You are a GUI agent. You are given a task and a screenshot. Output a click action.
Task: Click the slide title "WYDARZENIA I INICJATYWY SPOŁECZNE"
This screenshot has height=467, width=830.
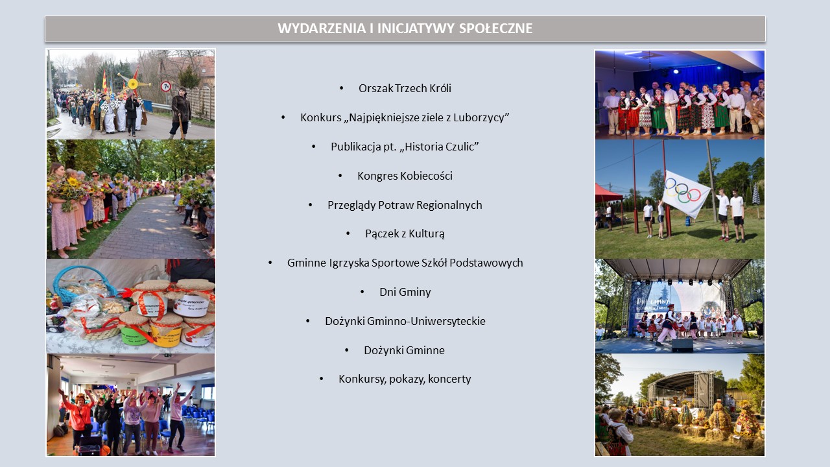405,28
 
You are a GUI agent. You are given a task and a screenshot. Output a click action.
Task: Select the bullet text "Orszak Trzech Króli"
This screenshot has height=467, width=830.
405,88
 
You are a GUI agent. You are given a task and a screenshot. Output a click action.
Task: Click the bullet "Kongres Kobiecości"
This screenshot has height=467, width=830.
405,176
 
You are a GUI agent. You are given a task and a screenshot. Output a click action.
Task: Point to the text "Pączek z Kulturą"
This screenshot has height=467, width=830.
405,233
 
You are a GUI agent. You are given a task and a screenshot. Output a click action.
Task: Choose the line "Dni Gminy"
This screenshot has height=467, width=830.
405,292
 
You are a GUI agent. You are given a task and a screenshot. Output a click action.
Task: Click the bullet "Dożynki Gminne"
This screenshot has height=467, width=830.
404,350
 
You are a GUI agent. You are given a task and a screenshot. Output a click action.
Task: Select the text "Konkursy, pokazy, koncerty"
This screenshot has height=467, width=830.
405,379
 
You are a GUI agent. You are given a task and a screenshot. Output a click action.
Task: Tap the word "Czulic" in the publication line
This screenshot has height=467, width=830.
460,147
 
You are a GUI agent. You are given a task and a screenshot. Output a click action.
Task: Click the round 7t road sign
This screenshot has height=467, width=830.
165,86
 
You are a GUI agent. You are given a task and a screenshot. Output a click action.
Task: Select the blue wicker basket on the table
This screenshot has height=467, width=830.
81,283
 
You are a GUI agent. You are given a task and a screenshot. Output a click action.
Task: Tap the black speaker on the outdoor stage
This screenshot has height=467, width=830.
682,346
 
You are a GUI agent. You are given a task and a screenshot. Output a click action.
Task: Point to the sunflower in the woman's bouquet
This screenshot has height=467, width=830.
73,182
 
